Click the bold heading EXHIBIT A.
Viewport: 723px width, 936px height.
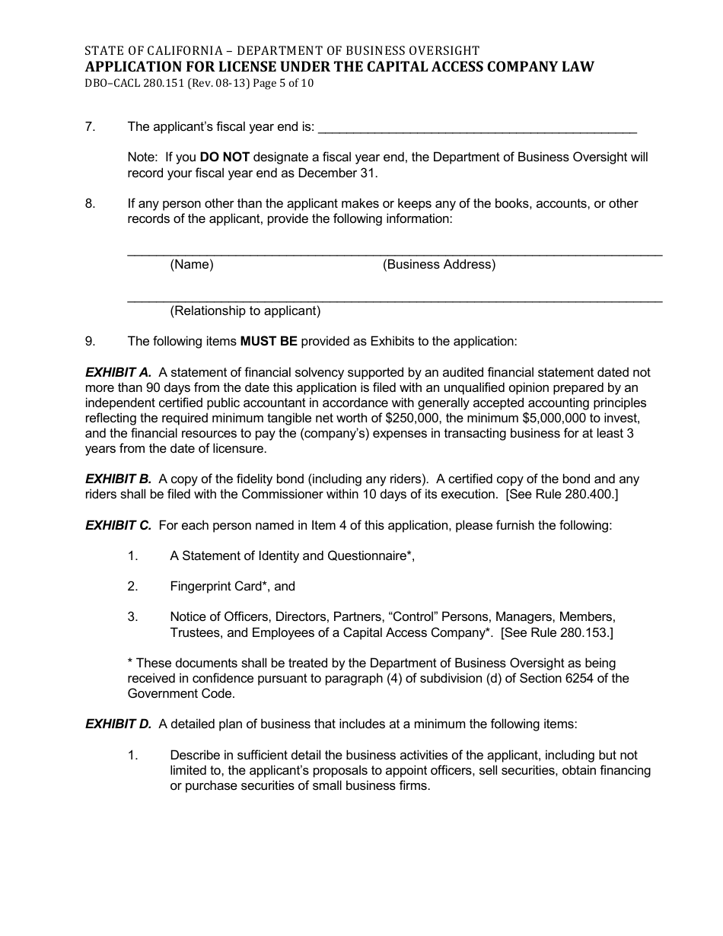coord(118,372)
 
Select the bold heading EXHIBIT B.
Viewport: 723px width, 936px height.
coord(118,479)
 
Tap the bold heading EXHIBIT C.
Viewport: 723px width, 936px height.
coord(118,525)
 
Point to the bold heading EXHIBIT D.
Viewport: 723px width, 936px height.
coord(118,724)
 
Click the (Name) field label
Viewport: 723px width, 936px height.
coord(192,265)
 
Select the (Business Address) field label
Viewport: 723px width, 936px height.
coord(439,265)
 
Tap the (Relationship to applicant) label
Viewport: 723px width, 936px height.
coord(245,310)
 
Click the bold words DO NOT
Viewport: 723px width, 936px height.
coord(225,158)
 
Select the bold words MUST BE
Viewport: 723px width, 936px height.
coord(269,341)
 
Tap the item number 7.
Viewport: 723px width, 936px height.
coord(90,127)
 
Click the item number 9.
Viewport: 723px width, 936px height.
coord(90,341)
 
